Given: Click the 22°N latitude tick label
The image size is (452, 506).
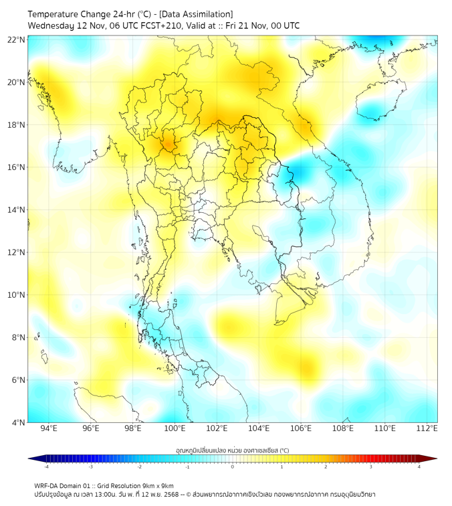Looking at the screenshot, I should pyautogui.click(x=16, y=39).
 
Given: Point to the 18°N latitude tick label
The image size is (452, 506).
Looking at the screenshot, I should pyautogui.click(x=16, y=124).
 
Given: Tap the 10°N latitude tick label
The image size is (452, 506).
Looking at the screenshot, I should pyautogui.click(x=16, y=294).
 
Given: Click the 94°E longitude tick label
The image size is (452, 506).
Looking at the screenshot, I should pyautogui.click(x=49, y=428).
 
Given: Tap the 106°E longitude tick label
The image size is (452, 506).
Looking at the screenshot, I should pyautogui.click(x=300, y=428).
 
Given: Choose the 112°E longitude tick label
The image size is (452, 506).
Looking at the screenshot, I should pyautogui.click(x=427, y=428).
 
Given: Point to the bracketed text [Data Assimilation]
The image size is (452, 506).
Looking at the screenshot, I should pyautogui.click(x=199, y=14).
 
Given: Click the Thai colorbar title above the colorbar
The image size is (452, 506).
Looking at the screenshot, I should pyautogui.click(x=232, y=450).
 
